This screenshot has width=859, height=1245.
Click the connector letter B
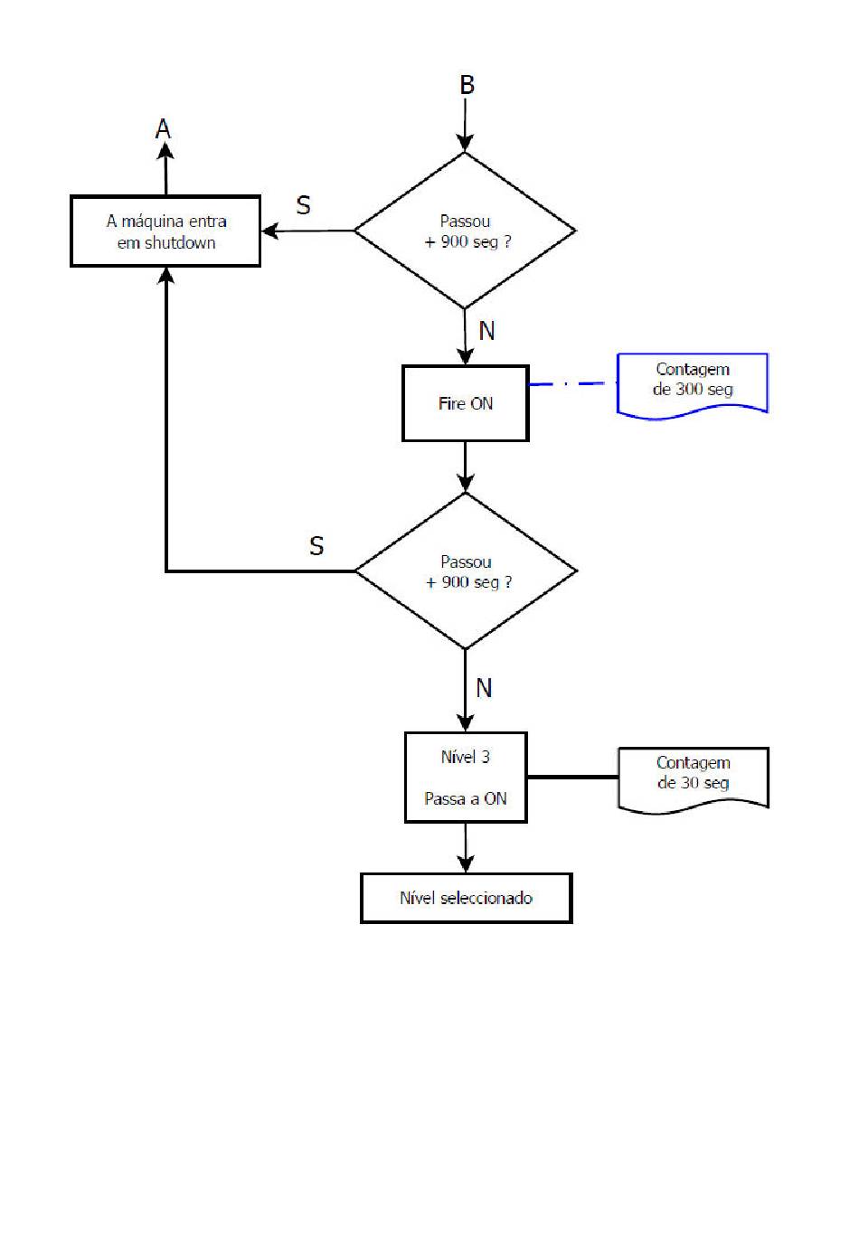pyautogui.click(x=467, y=85)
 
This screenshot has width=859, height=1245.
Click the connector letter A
pyautogui.click(x=163, y=129)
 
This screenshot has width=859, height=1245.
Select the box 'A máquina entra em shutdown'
pyautogui.click(x=165, y=231)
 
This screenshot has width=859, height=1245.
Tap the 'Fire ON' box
pyautogui.click(x=465, y=403)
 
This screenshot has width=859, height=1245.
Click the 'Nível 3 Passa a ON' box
pyautogui.click(x=466, y=777)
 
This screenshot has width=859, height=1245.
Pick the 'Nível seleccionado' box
pyautogui.click(x=466, y=898)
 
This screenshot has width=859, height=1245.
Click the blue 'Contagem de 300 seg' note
pyautogui.click(x=693, y=385)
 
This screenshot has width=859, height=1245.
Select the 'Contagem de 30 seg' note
pyautogui.click(x=693, y=779)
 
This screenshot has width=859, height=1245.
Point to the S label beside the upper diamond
pyautogui.click(x=303, y=205)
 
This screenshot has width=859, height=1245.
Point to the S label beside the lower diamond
pyautogui.click(x=316, y=546)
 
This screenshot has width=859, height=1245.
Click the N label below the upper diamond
pyautogui.click(x=486, y=331)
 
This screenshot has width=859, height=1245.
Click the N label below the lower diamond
pyautogui.click(x=484, y=688)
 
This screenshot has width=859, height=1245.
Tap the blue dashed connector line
pyautogui.click(x=572, y=383)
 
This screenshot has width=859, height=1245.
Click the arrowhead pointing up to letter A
pyautogui.click(x=165, y=151)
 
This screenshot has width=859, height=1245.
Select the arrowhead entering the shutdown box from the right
pyautogui.click(x=270, y=231)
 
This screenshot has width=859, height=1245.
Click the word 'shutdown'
pyautogui.click(x=180, y=243)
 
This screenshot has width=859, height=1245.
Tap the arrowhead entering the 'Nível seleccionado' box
pyautogui.click(x=466, y=863)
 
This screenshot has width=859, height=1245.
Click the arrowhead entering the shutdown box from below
pyautogui.click(x=165, y=276)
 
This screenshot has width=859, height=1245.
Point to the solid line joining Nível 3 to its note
pyautogui.click(x=572, y=777)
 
